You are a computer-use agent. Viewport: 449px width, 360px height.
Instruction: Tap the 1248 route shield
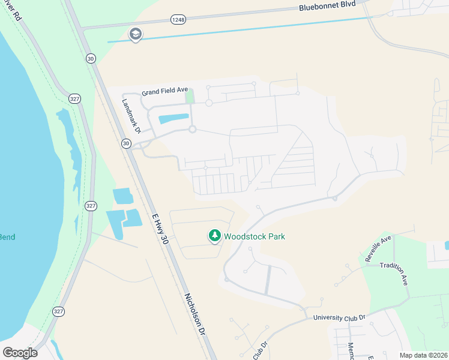178,20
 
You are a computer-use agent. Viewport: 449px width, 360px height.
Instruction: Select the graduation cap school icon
136,35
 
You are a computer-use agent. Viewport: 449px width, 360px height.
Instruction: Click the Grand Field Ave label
164,92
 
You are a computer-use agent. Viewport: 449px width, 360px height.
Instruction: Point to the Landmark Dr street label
130,116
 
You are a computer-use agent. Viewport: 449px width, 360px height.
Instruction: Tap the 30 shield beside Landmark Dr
125,143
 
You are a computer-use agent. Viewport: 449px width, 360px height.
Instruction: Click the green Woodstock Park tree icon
214,236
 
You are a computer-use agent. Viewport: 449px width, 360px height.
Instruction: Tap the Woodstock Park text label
254,236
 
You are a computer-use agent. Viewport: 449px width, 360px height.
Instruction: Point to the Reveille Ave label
378,248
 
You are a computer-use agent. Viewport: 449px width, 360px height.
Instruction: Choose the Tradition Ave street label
396,274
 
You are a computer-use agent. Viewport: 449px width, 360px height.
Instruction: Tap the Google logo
20,352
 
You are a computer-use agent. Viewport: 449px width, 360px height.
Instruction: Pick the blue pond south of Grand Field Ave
173,118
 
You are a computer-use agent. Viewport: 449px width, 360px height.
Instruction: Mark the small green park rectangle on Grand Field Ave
190,96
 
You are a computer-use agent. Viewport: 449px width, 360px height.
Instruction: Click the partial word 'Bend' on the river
7,237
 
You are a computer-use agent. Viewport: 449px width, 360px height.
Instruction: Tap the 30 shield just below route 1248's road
91,58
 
